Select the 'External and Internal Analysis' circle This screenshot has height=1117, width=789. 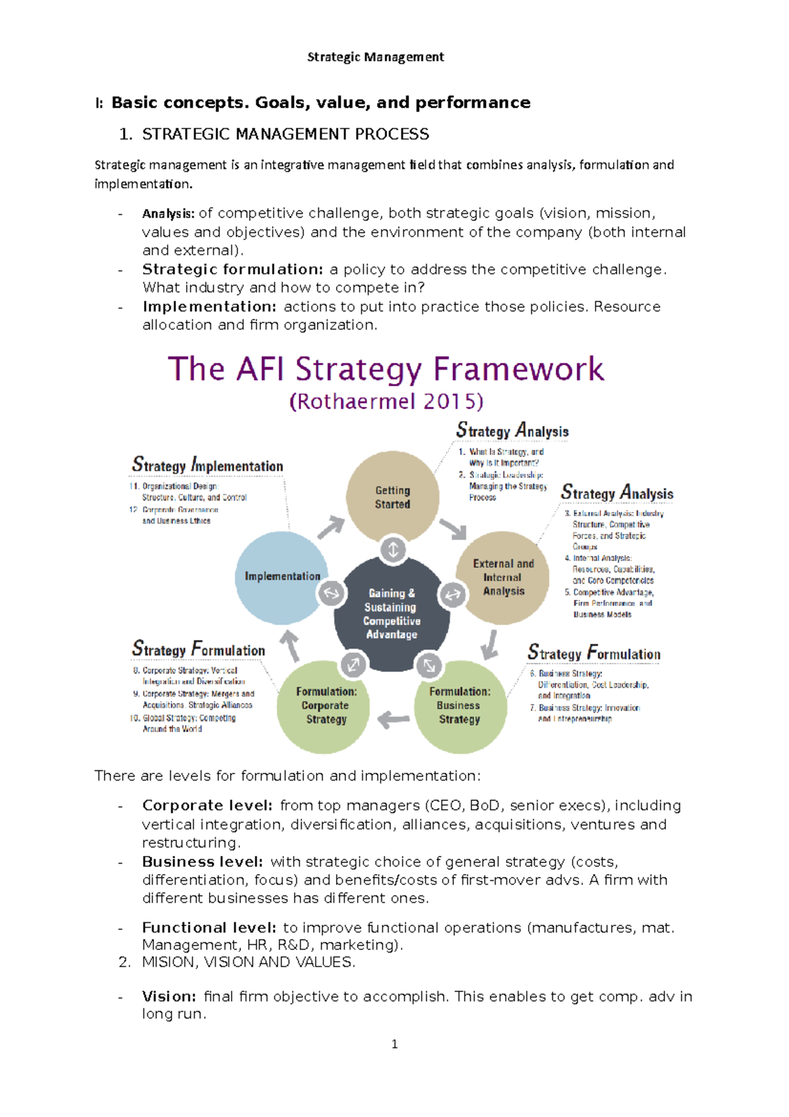point(503,578)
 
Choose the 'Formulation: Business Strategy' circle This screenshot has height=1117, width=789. point(460,706)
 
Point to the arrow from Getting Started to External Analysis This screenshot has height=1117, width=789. point(453,528)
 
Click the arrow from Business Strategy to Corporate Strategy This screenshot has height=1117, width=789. point(393,719)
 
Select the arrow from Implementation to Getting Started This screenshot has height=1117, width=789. point(332,526)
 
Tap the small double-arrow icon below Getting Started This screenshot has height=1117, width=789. point(393,549)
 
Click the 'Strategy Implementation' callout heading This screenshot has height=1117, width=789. point(208,465)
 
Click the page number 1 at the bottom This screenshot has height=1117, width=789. point(394,1044)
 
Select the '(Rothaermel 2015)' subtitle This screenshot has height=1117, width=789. point(387,401)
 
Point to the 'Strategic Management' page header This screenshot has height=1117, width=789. point(375,57)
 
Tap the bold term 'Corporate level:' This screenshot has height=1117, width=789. point(207,805)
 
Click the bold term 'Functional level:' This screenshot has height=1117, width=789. point(209,928)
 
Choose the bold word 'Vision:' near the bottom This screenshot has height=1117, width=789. point(169,997)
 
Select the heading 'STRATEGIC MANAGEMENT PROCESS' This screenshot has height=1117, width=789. point(285,134)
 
